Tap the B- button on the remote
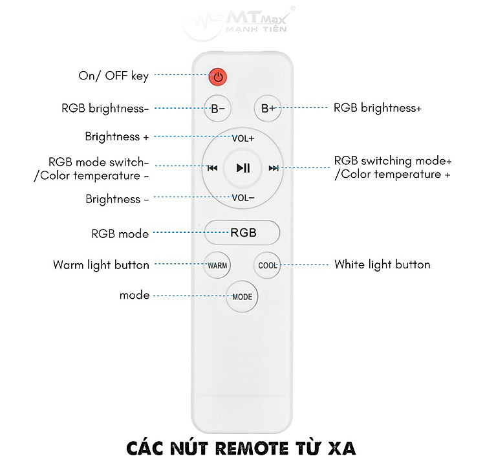[217, 108]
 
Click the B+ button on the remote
[268, 108]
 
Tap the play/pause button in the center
[242, 168]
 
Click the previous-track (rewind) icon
[212, 168]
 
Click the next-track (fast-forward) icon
[274, 168]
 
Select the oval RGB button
[242, 233]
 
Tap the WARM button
[217, 265]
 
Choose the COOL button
[267, 265]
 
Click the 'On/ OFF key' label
[114, 76]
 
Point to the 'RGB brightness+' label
[378, 108]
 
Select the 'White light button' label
[382, 265]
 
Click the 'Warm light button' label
[101, 265]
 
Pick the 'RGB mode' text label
[120, 233]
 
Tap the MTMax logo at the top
[238, 23]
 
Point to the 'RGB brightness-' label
[105, 108]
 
